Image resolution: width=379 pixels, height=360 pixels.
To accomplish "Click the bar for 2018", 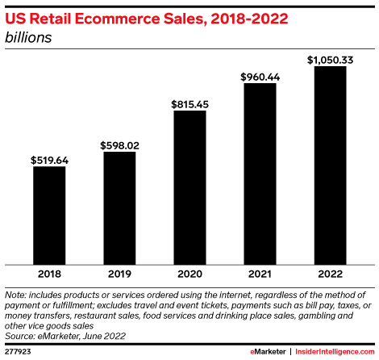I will (x=48, y=216).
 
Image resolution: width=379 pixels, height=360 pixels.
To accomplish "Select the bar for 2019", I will (x=119, y=208).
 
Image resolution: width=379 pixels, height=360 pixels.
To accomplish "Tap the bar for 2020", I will (x=189, y=187).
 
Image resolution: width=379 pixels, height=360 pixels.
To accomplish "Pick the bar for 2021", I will (x=260, y=174).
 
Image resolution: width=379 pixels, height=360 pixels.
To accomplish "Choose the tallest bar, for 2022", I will (x=330, y=165).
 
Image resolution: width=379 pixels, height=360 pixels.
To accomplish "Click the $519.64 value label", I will (x=48, y=160).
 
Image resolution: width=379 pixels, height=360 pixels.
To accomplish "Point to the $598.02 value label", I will (x=119, y=144).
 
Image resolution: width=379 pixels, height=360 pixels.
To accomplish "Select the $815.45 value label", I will (x=189, y=103).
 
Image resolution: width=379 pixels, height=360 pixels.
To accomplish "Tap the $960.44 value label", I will (x=260, y=76).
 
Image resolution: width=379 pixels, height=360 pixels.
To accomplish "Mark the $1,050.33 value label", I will (x=330, y=59).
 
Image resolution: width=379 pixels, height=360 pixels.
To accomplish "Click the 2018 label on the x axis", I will (x=48, y=273).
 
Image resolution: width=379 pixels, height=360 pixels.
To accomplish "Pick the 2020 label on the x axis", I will (x=189, y=273).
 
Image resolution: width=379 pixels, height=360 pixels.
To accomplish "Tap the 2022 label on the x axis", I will (x=330, y=273).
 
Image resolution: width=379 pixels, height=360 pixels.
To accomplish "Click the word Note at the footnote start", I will (x=16, y=295).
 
